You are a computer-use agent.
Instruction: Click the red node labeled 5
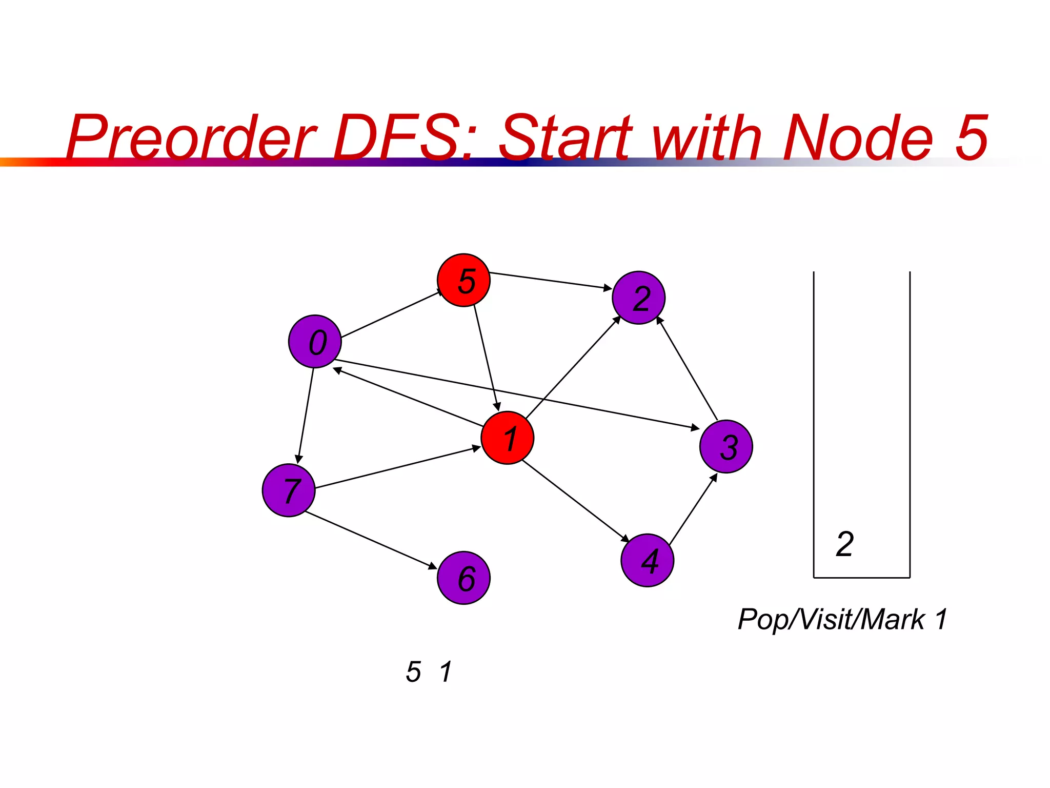click(x=463, y=280)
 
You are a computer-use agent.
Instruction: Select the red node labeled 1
click(x=508, y=438)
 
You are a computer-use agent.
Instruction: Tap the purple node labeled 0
click(x=315, y=341)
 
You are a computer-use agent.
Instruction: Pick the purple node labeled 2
click(x=638, y=298)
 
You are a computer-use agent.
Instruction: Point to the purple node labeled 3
click(x=726, y=446)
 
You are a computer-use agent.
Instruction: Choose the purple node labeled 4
click(x=647, y=560)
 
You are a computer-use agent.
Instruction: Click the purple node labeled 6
click(x=463, y=578)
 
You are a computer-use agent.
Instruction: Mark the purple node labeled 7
click(x=289, y=490)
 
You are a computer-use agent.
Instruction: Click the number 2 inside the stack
click(x=845, y=544)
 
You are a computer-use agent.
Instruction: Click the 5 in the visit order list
click(x=413, y=672)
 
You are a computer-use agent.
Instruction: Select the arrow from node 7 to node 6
click(x=370, y=540)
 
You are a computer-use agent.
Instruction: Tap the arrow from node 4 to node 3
click(x=693, y=509)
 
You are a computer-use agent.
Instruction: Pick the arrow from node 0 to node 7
click(x=306, y=416)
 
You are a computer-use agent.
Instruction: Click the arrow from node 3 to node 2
click(x=687, y=368)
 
